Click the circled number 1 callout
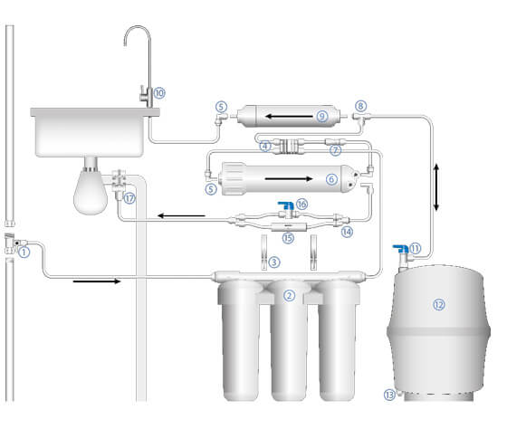24,252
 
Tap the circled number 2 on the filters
289,295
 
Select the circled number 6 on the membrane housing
331,179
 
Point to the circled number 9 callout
322,116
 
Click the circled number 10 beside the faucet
159,93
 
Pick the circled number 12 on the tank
439,304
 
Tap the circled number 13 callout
389,395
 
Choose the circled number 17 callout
129,198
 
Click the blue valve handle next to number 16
286,205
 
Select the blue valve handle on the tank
400,249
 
